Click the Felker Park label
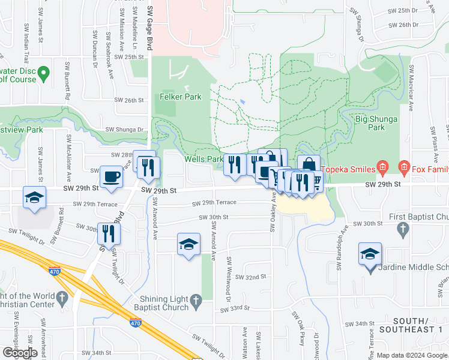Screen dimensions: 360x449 pyautogui.click(x=180, y=97)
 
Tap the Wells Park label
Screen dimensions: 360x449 pyautogui.click(x=203, y=159)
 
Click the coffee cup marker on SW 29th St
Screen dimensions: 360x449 pyautogui.click(x=111, y=178)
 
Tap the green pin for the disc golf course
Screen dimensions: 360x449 pyautogui.click(x=43, y=74)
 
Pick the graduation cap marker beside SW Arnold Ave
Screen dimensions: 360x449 pyautogui.click(x=188, y=245)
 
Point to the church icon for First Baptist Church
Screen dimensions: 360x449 pyautogui.click(x=403, y=228)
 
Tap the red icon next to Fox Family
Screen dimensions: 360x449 pyautogui.click(x=405, y=167)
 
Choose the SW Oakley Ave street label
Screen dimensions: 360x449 pyautogui.click(x=273, y=211)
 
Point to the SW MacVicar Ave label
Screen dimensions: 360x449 pyautogui.click(x=411, y=88)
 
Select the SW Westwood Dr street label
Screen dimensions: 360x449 pyautogui.click(x=229, y=278)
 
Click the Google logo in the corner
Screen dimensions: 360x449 pyautogui.click(x=20, y=353)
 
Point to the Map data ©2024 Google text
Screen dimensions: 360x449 pyautogui.click(x=412, y=355)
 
